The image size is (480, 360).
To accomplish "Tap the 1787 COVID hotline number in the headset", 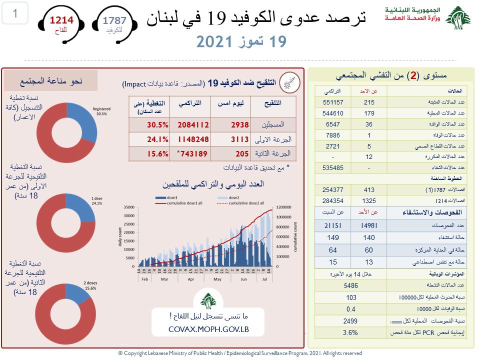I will coord(114,20).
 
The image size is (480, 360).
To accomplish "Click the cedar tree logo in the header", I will coord(457,18).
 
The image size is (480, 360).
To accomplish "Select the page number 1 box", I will coord(15,13).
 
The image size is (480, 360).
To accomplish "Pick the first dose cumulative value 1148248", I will coord(191,139).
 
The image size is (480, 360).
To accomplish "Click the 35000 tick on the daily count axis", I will coord(128,207).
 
